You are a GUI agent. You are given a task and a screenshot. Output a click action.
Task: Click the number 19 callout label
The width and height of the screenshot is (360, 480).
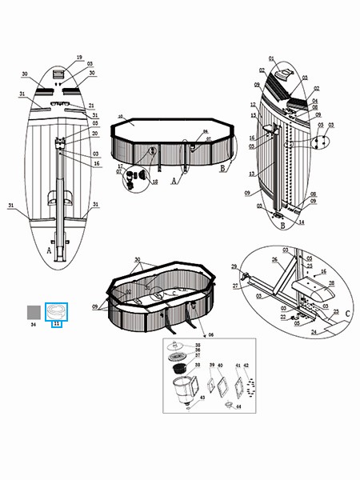[x=79, y=58]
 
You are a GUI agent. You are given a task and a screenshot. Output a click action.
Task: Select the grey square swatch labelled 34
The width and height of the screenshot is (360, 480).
[x=34, y=312]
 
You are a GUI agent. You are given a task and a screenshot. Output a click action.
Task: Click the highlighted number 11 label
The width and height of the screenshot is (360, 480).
[x=57, y=326]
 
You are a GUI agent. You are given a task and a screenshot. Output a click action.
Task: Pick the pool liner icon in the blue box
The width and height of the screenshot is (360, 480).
[x=57, y=310]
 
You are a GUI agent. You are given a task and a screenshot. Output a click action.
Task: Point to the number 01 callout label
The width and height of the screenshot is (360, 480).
[x=271, y=58]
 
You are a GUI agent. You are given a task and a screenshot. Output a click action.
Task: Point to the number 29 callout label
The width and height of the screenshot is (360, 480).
[x=234, y=266]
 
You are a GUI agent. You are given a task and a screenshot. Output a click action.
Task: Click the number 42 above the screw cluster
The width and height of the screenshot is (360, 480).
[x=246, y=364]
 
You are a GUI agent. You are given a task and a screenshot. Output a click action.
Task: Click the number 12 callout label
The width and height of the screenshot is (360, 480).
[x=250, y=105]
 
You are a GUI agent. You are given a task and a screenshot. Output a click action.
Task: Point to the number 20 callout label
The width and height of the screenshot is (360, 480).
[x=93, y=134]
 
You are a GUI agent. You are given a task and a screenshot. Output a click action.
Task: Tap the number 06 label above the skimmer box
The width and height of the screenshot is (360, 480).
[x=210, y=334]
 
